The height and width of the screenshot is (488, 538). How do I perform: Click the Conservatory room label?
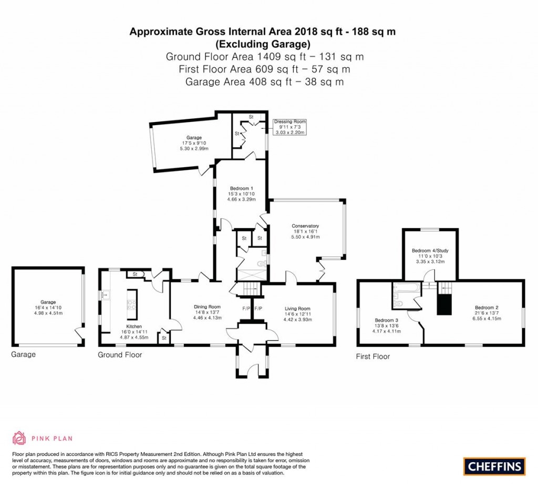[305, 227]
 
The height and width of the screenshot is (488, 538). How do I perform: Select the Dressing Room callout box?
[289, 127]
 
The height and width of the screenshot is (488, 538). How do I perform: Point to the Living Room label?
[297, 309]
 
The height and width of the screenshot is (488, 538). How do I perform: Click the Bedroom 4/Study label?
[430, 250]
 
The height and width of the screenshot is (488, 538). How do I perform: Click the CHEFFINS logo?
[494, 466]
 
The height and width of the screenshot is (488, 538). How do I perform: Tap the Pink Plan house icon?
[19, 438]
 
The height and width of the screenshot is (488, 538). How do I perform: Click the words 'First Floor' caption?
[373, 357]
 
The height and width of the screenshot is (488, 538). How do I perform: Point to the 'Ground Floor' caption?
[120, 355]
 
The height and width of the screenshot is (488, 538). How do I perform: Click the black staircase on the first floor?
[444, 304]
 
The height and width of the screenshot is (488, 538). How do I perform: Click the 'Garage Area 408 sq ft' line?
[265, 82]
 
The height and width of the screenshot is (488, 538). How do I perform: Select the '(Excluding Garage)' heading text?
[263, 44]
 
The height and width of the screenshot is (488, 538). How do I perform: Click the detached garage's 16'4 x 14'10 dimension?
[48, 308]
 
